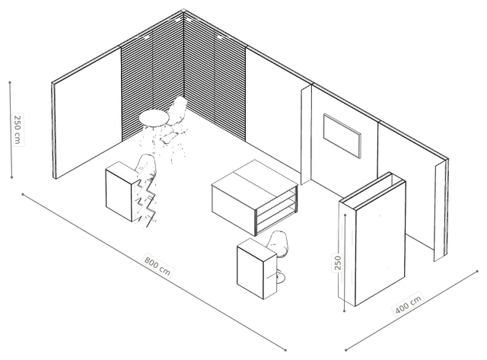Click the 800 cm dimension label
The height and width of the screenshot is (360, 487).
pyautogui.click(x=158, y=266)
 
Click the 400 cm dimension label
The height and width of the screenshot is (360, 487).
pyautogui.click(x=409, y=304)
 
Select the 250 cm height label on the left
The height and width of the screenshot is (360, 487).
pyautogui.click(x=18, y=129)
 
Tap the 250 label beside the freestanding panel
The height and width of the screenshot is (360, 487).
pyautogui.click(x=338, y=263)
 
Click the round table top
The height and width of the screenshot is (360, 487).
pyautogui.click(x=154, y=118)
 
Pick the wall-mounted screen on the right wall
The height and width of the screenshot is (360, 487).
pyautogui.click(x=342, y=135)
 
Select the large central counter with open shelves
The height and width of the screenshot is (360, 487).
pyautogui.click(x=254, y=197)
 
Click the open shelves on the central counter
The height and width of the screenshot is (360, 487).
pyautogui.click(x=275, y=210)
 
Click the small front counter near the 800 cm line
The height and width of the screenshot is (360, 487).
pyautogui.click(x=256, y=268)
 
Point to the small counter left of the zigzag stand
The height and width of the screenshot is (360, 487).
pyautogui.click(x=120, y=191)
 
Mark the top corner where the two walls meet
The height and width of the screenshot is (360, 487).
pyautogui.click(x=184, y=10)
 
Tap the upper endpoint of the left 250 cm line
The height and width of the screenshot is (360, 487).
pyautogui.click(x=10, y=83)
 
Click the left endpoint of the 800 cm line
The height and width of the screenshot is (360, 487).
pyautogui.click(x=23, y=194)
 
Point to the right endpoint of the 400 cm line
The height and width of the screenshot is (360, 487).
pyautogui.click(x=477, y=271)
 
